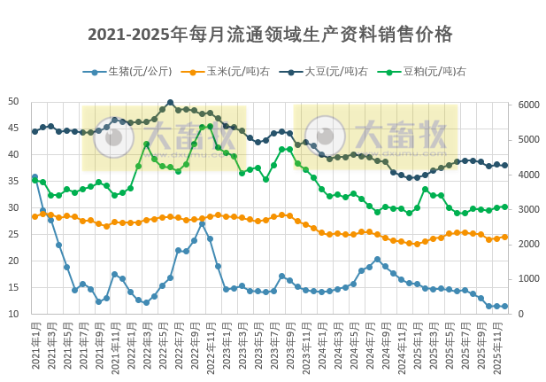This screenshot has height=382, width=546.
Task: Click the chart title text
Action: pos(270,35)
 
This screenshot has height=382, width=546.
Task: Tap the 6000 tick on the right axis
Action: pos(528,105)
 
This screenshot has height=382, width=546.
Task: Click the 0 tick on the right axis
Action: pos(520,315)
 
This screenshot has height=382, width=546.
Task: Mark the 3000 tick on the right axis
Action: pos(528,210)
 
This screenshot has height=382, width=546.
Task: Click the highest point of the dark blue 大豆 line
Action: pos(170,103)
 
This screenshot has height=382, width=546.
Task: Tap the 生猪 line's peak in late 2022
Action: pos(202,223)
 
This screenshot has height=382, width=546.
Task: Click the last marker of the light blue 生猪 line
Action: pos(504,306)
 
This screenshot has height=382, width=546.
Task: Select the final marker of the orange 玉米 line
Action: pos(504,237)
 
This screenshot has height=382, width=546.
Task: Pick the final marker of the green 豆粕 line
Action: pos(504,207)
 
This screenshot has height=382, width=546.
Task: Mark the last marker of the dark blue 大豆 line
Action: pos(504,165)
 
